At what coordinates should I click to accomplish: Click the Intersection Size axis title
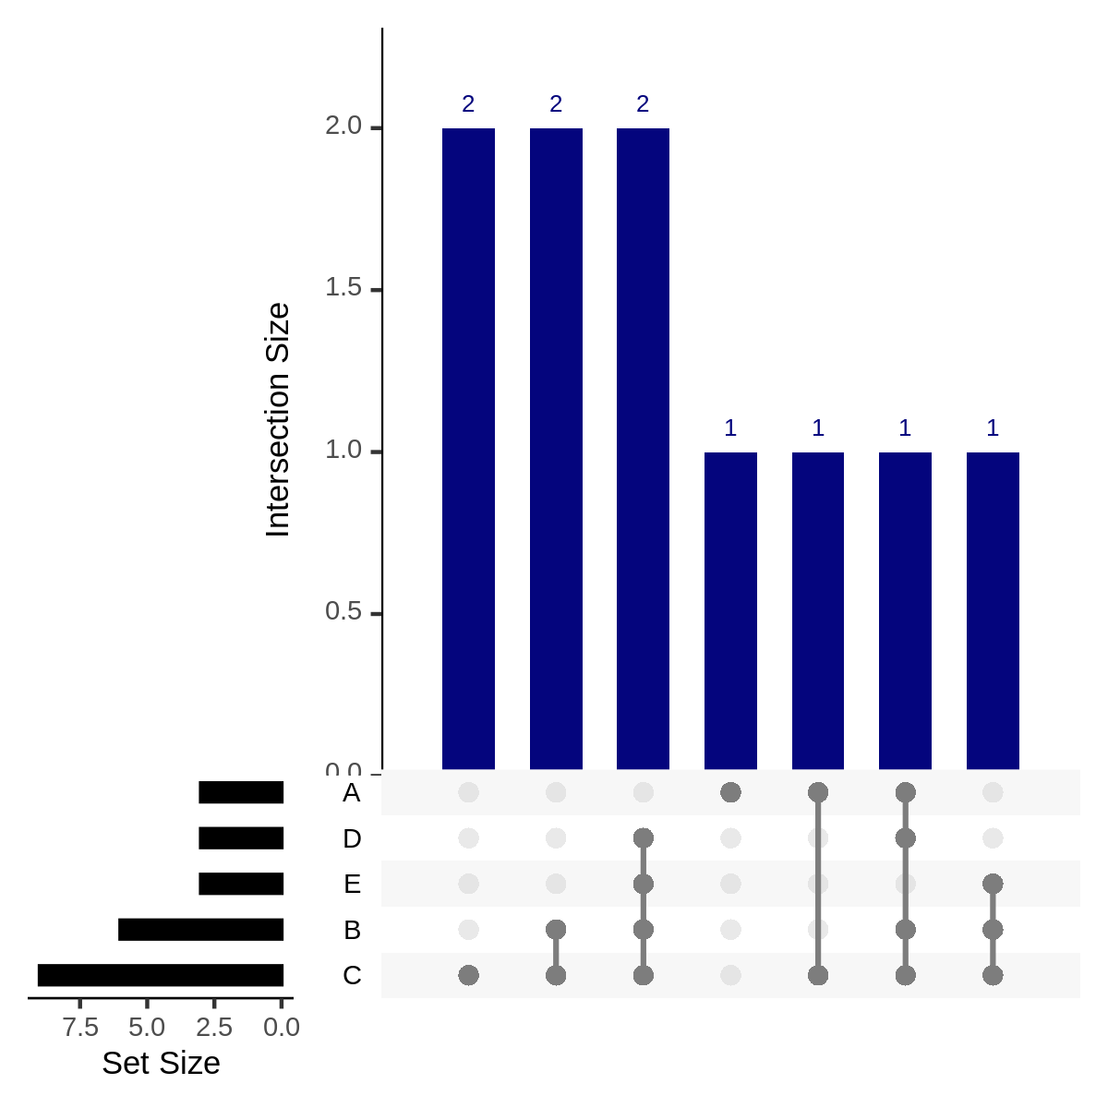click(x=278, y=420)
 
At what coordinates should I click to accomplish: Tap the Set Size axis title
click(x=161, y=1064)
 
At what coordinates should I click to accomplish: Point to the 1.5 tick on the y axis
click(x=343, y=289)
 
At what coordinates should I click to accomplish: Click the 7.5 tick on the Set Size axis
click(x=81, y=1027)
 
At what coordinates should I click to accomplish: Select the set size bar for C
click(x=161, y=975)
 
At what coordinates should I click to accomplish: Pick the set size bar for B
click(x=200, y=930)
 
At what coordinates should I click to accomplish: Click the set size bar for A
click(x=241, y=792)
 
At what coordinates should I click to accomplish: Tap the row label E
click(x=352, y=885)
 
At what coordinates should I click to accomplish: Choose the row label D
click(x=352, y=838)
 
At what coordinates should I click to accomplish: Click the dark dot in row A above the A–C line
click(x=817, y=792)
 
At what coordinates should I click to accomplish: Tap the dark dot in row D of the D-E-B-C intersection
click(x=644, y=838)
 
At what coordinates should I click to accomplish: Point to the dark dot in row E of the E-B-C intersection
click(x=993, y=884)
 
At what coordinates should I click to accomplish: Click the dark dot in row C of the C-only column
click(x=468, y=975)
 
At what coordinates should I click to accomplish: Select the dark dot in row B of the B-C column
click(x=556, y=929)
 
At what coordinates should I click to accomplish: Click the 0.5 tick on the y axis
click(x=343, y=613)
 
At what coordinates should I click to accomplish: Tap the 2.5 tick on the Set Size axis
click(x=214, y=1027)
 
